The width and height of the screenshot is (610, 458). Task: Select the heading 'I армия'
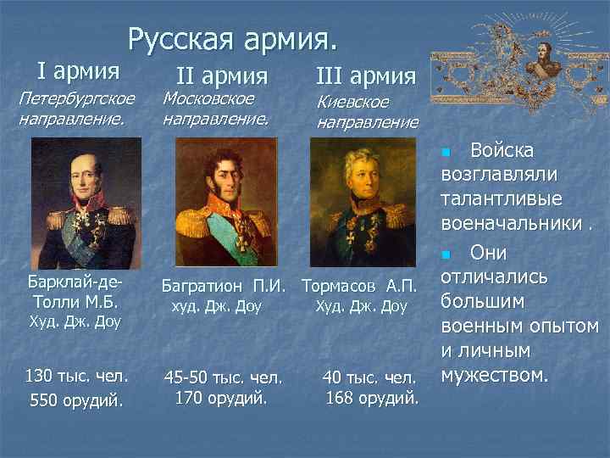[77, 69]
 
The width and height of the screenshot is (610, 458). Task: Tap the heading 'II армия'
[221, 76]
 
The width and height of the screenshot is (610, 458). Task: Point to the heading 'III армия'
[365, 76]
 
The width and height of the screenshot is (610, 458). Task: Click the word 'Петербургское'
[77, 99]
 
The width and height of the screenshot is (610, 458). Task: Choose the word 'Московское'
[208, 99]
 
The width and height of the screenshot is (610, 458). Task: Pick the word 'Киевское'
[352, 102]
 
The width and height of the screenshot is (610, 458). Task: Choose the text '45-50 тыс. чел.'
[222, 377]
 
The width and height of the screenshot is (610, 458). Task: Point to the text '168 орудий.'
[372, 397]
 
